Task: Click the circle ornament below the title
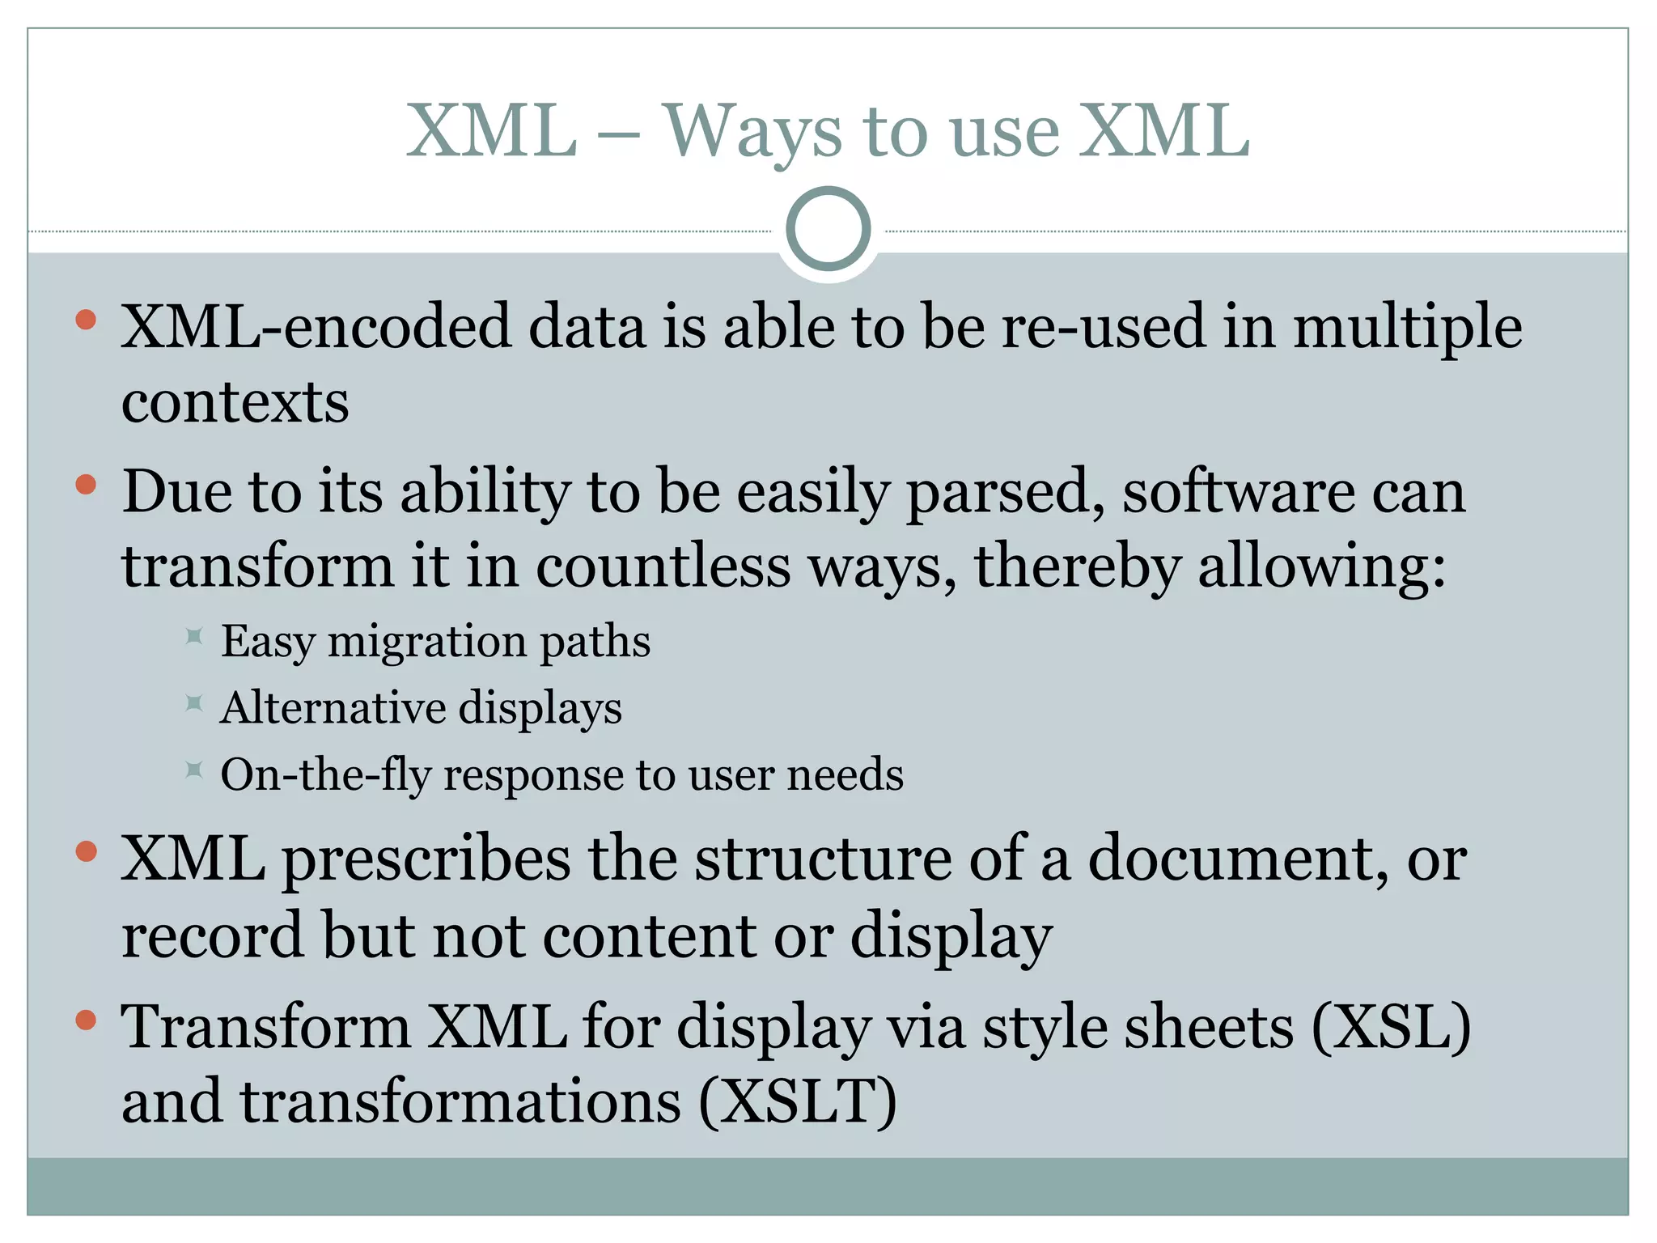click(x=828, y=229)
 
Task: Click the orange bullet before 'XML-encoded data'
click(x=86, y=320)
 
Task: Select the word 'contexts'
click(x=235, y=402)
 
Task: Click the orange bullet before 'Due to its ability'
click(x=86, y=485)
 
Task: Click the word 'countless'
click(x=663, y=567)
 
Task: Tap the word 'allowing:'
click(x=1321, y=567)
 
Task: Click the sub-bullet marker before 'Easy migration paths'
click(x=193, y=636)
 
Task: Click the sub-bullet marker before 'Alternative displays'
click(x=193, y=702)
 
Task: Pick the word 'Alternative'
click(x=333, y=708)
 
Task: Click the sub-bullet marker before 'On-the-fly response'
click(x=193, y=769)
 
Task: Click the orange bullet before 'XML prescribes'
click(x=86, y=851)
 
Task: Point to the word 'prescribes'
click(x=426, y=860)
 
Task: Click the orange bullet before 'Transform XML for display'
click(x=86, y=1020)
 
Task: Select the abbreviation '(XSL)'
click(x=1390, y=1028)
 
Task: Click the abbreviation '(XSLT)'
click(x=797, y=1102)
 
